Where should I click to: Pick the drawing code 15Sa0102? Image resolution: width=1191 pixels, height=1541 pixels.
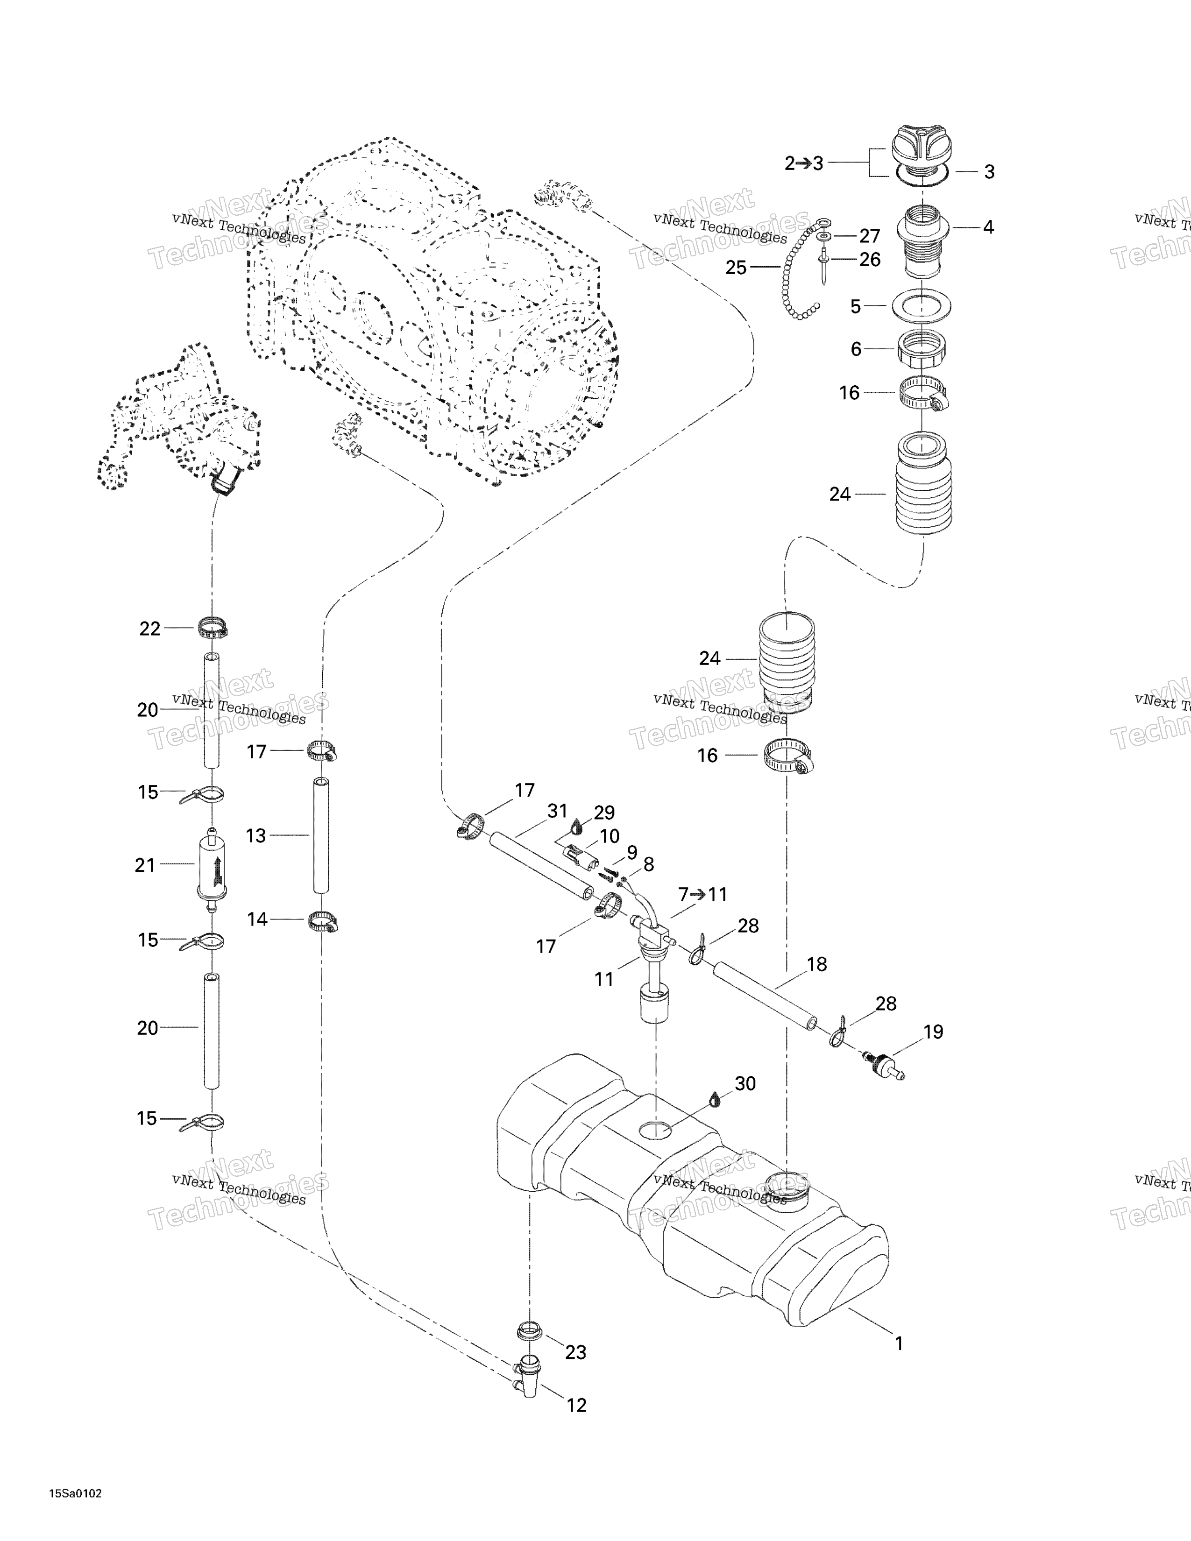[76, 1494]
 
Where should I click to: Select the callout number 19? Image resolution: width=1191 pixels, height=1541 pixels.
[933, 1032]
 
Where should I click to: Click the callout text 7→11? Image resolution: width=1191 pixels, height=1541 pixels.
[702, 895]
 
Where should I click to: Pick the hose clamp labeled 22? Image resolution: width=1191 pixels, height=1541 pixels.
[213, 627]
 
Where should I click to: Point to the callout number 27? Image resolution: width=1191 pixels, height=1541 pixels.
[869, 236]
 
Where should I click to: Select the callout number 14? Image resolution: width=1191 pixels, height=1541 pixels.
[257, 919]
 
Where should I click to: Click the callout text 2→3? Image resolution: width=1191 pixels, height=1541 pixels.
[804, 164]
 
